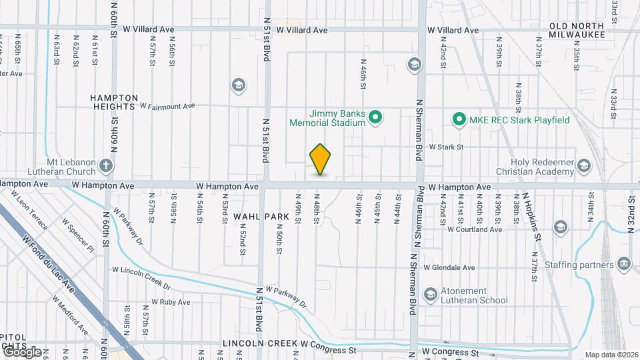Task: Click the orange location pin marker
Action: click(320, 159)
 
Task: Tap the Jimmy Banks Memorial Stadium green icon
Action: click(375, 119)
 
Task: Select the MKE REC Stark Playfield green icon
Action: click(459, 120)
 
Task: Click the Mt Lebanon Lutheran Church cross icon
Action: click(106, 165)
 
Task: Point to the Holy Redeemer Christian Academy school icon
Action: click(584, 165)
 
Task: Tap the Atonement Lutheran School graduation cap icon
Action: click(431, 294)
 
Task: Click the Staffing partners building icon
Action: click(624, 265)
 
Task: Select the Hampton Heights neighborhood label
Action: click(115, 102)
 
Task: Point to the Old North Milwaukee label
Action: click(577, 30)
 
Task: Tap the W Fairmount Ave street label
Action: click(167, 106)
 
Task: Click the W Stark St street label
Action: click(445, 147)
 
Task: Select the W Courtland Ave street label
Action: click(474, 229)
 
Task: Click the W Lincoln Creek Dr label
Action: click(141, 276)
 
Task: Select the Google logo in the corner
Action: click(21, 351)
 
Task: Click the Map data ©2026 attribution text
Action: click(611, 354)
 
